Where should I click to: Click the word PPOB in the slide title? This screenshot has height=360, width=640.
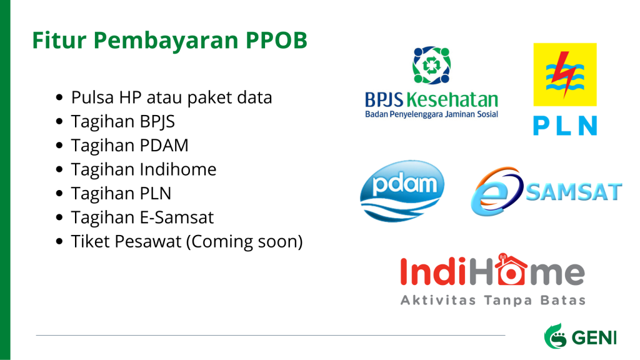[276, 40]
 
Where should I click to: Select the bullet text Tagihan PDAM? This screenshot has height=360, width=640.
[130, 145]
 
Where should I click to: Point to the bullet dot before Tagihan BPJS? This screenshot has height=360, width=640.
[59, 122]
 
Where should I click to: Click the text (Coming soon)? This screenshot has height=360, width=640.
[244, 241]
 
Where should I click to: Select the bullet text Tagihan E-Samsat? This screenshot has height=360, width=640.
[142, 217]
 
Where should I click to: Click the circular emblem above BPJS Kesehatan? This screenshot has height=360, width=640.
[431, 65]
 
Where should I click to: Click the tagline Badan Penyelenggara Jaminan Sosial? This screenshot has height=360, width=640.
[431, 114]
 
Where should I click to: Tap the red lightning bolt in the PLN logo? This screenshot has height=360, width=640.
[565, 74]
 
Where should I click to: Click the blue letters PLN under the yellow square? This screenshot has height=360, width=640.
[565, 126]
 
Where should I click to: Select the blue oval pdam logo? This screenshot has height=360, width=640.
[402, 191]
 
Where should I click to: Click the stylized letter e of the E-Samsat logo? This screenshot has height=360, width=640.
[496, 191]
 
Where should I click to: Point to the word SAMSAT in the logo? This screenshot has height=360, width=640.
[574, 192]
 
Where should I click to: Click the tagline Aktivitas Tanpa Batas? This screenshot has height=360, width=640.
[493, 301]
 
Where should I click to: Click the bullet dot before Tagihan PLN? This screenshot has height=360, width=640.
[59, 194]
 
